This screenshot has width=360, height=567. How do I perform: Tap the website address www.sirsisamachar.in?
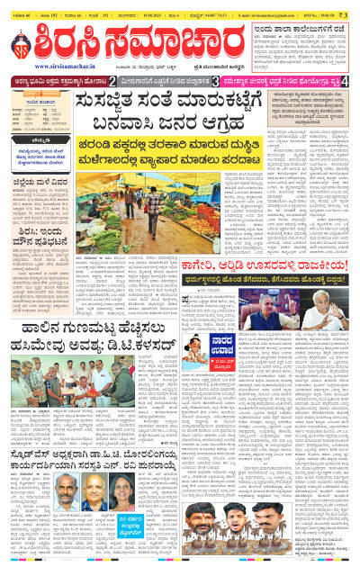67,66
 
